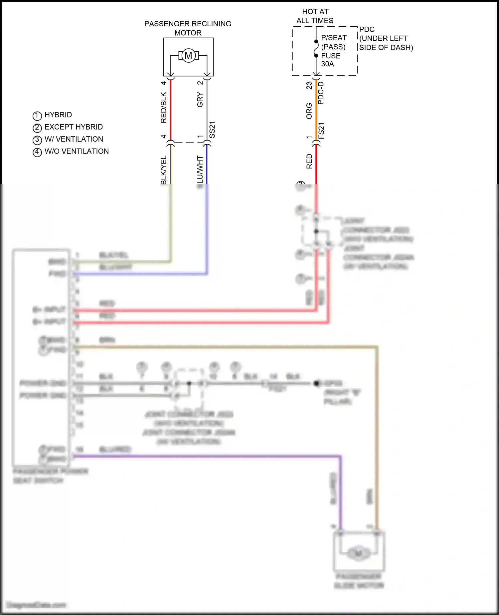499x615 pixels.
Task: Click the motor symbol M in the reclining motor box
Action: [188, 56]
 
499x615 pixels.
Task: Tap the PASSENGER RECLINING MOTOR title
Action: [188, 28]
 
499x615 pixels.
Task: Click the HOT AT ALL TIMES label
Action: [315, 16]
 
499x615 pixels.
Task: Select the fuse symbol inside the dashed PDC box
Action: [316, 49]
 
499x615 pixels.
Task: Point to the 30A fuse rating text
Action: [327, 64]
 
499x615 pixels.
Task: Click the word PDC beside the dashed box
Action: [367, 29]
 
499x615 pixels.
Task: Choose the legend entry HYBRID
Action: [58, 115]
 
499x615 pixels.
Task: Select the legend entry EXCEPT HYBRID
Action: [74, 127]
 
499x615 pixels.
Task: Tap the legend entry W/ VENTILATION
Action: [74, 139]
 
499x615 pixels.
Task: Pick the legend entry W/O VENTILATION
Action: [77, 151]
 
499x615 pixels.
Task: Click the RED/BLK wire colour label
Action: [163, 107]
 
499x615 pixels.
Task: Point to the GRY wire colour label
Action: [200, 100]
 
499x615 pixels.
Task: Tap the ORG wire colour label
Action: [309, 111]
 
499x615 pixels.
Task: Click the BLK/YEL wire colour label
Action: [163, 170]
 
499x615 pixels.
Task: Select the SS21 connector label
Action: [212, 130]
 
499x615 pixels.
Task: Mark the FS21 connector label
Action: [321, 131]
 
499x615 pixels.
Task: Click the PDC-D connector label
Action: [321, 93]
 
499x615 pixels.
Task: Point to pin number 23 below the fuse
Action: [309, 86]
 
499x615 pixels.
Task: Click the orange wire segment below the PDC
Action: [316, 110]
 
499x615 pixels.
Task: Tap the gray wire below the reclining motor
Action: [207, 110]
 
